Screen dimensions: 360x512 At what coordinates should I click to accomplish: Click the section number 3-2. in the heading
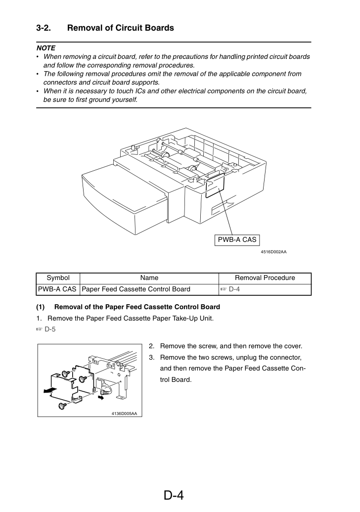point(44,28)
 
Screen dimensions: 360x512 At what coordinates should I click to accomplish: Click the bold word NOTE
point(45,48)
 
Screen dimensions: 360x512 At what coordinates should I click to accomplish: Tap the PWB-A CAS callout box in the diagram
point(237,239)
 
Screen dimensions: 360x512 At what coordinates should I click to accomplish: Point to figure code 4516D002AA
point(273,252)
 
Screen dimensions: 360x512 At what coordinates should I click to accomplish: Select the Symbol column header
point(58,278)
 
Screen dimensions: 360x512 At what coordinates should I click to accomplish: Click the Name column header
point(149,278)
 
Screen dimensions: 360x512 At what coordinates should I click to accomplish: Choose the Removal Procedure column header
point(265,278)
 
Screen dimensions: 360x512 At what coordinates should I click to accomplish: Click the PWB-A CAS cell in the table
point(57,289)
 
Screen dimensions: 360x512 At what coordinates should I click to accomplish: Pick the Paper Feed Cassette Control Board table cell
point(136,289)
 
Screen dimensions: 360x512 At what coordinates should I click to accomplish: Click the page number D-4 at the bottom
point(174,495)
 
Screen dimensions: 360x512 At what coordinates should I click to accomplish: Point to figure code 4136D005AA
point(124,414)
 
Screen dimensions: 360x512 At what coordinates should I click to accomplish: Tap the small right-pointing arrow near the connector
point(101,398)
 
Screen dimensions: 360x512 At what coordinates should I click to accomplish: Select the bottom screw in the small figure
point(62,406)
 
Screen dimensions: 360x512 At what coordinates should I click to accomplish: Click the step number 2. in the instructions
point(152,346)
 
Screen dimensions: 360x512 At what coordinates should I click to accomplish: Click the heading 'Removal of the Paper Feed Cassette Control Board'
point(137,307)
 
